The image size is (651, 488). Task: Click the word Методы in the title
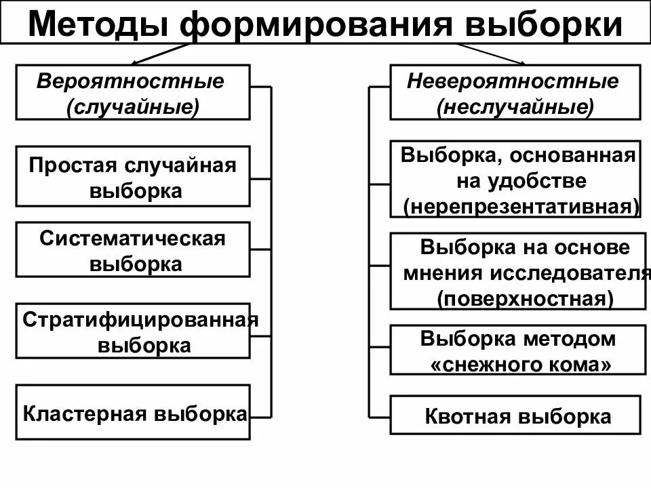[x=100, y=24]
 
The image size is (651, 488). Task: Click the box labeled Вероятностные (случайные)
[x=133, y=92]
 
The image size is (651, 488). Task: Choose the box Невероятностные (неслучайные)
[x=515, y=92]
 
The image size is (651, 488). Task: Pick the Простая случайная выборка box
[x=133, y=176]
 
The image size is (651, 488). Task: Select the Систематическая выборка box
[x=133, y=249]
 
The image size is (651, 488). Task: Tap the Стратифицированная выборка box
[x=133, y=331]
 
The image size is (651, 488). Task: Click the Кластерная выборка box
[x=133, y=413]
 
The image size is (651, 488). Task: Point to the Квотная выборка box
[x=515, y=415]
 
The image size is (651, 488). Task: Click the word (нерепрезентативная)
[x=521, y=207]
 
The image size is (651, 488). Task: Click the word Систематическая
[x=132, y=238]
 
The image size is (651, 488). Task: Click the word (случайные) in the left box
[x=133, y=106]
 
